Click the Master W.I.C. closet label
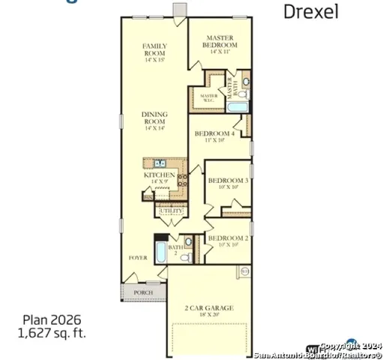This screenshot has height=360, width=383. click(x=208, y=96)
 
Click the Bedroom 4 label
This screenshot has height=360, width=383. click(x=214, y=136)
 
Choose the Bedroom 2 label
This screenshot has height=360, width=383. click(x=227, y=241)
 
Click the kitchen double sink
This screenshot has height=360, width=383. click(x=160, y=163)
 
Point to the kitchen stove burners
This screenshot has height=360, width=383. click(x=181, y=180)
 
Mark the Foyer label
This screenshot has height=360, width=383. click(x=138, y=257)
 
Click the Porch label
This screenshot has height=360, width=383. click(x=143, y=292)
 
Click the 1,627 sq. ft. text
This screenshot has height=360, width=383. click(x=53, y=331)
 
